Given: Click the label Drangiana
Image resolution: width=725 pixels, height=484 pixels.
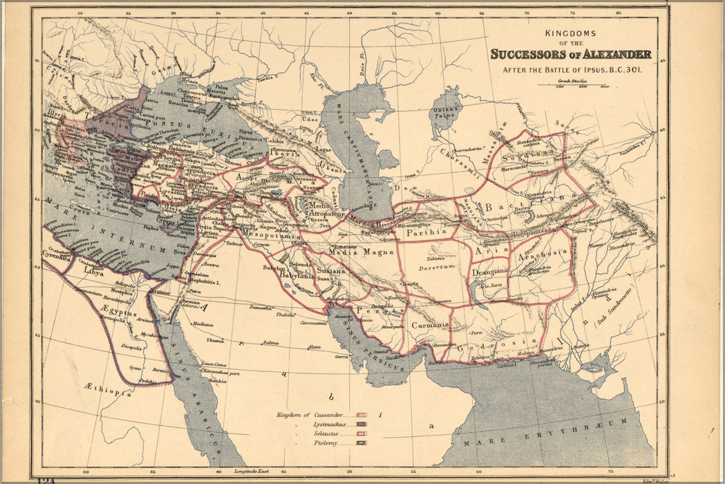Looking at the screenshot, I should click(x=490, y=272).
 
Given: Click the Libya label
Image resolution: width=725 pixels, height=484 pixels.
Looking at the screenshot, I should click(x=93, y=273).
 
